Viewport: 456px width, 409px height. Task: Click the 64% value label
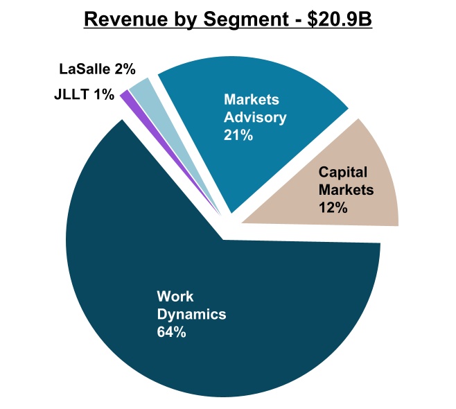171,332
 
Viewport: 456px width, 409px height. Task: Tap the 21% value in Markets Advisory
238,135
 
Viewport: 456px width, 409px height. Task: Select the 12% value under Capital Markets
333,207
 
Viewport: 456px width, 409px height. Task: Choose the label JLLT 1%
84,94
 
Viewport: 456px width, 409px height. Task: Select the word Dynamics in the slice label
191,314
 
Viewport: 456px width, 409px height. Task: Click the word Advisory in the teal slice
254,117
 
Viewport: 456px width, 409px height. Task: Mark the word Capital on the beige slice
342,171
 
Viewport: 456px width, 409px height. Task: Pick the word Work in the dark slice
173,297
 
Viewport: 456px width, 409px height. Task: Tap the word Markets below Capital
346,189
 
